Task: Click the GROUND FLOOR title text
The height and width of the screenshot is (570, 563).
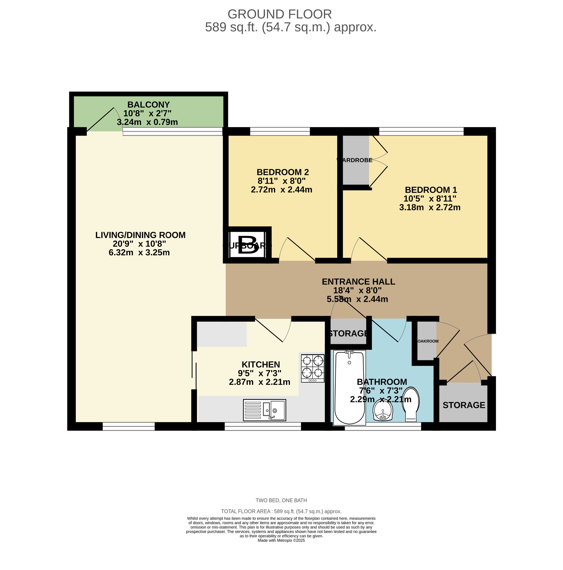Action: coord(279,14)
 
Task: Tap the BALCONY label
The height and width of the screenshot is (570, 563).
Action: coord(148,105)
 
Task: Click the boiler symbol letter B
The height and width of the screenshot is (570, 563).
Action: coord(247,245)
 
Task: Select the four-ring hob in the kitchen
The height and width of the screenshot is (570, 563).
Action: coord(312,368)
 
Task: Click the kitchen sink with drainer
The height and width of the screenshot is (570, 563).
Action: coord(264,410)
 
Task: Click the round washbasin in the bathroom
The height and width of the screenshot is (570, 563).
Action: coord(383,411)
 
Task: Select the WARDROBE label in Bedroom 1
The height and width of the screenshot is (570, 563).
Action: coord(354,160)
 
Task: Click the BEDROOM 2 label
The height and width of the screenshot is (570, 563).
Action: coord(283,172)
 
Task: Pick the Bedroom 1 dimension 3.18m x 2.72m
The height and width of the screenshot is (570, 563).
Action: coord(429,207)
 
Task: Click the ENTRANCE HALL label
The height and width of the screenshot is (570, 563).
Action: coord(358,281)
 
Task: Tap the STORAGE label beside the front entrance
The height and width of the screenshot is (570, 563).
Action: coord(463,405)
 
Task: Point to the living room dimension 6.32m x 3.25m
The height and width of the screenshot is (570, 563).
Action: coord(139,252)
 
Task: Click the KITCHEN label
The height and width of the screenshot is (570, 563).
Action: coord(260,364)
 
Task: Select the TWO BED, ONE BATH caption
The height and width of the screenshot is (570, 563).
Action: coord(281,500)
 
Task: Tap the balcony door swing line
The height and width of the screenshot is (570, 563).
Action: coord(100,119)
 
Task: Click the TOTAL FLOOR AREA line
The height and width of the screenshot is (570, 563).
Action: coord(281,511)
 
